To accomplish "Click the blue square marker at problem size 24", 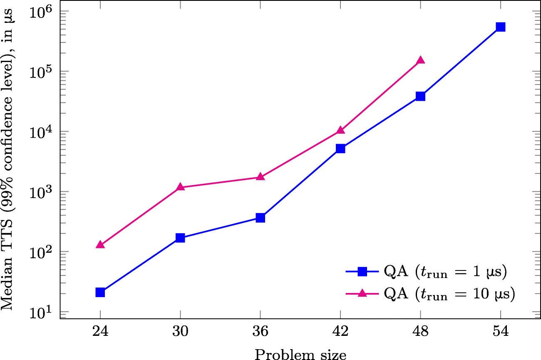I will pos(100,293).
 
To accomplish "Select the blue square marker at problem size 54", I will pos(501,27).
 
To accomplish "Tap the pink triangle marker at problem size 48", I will pos(420,60).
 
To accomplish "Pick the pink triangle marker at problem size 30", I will pos(180,187).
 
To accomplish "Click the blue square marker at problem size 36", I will pos(260,218).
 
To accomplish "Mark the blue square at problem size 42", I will pos(340,149).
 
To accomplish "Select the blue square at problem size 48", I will pos(420,97).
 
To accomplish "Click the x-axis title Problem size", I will pos(300,354).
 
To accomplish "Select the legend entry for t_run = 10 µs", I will pos(449,294).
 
